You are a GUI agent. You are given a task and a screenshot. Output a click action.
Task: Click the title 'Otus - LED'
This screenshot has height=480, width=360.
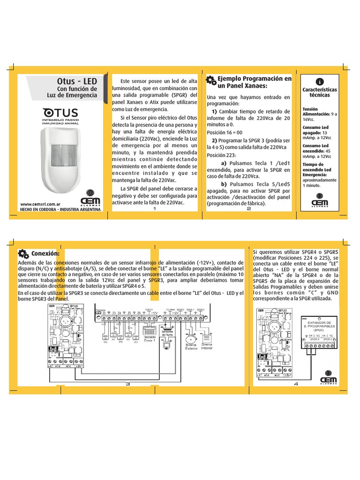tap(77, 82)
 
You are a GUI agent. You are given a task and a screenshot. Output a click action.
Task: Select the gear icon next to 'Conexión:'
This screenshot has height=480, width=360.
tap(22, 254)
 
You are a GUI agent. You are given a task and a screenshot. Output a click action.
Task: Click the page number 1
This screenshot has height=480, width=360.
tap(154, 209)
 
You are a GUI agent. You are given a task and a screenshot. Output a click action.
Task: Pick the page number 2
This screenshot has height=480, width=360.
tap(248, 209)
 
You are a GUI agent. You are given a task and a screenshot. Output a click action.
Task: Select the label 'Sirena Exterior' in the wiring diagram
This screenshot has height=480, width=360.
tap(190, 347)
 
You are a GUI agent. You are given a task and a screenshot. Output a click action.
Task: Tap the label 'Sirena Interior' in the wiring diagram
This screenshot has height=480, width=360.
tap(207, 346)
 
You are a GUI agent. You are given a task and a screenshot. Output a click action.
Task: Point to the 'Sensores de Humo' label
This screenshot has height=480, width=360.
tap(167, 333)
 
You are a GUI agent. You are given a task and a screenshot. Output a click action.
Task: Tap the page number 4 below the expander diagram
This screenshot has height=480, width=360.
tap(296, 384)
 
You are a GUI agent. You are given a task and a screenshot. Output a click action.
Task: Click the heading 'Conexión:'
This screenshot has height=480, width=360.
tap(45, 254)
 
